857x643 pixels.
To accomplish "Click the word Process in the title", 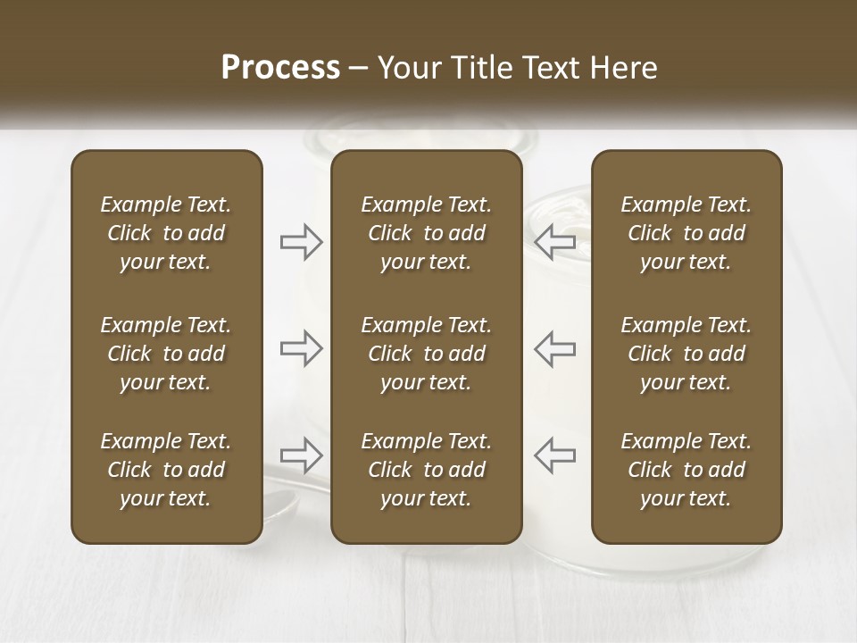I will click(x=280, y=68).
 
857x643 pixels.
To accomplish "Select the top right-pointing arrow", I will click(x=302, y=242).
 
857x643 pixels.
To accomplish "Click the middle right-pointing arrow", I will click(x=302, y=348).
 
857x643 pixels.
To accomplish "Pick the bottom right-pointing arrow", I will click(x=302, y=455).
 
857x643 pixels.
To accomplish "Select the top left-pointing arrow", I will click(x=554, y=242).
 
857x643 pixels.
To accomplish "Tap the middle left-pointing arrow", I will click(x=554, y=348).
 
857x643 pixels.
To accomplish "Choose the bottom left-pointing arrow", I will click(x=554, y=455).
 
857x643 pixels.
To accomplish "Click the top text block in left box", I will click(x=166, y=233).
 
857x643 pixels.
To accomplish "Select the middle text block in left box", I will click(x=166, y=354).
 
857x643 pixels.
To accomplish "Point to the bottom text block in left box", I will click(x=166, y=470).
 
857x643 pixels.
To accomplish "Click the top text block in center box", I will click(x=426, y=233).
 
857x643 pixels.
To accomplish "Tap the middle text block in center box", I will click(x=426, y=354).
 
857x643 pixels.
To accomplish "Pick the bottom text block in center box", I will click(x=426, y=470).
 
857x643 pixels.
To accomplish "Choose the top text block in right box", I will click(x=686, y=233).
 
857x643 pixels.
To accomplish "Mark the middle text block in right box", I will click(x=686, y=354).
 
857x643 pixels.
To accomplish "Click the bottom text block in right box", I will click(x=686, y=470).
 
